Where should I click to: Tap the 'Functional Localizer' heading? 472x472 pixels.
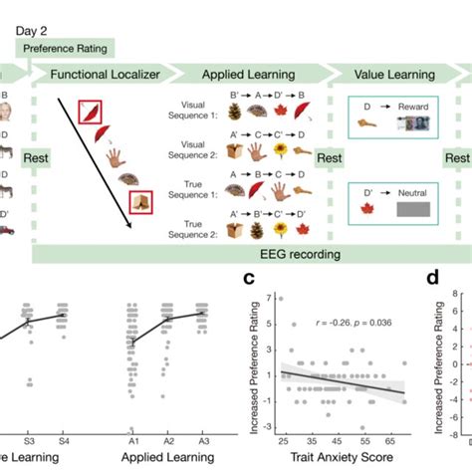pyautogui.click(x=100, y=76)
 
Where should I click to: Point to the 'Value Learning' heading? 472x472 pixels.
pyautogui.click(x=385, y=76)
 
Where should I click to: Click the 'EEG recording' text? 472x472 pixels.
pyautogui.click(x=238, y=255)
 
